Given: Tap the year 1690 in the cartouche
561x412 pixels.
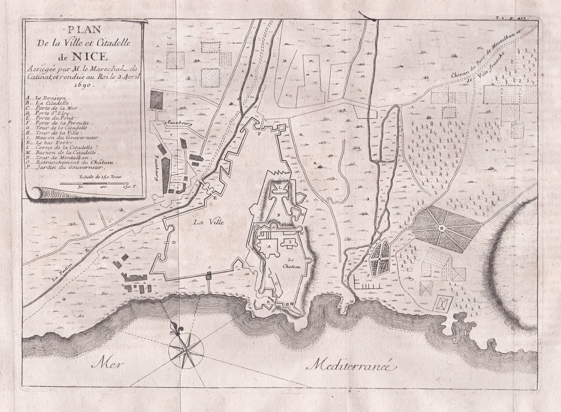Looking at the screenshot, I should tap(83, 85).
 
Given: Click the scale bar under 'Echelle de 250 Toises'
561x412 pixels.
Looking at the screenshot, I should tap(99, 183).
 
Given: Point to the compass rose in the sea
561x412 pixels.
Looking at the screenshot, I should tap(186, 347).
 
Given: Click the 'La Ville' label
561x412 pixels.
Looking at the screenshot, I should tap(206, 222).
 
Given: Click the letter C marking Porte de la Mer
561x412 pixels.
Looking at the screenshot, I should tap(209, 268).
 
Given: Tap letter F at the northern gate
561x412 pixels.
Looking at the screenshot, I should tap(259, 134).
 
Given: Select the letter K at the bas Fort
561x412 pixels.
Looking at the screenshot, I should tap(268, 301).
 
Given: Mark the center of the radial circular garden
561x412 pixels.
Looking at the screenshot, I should tap(441, 228).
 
